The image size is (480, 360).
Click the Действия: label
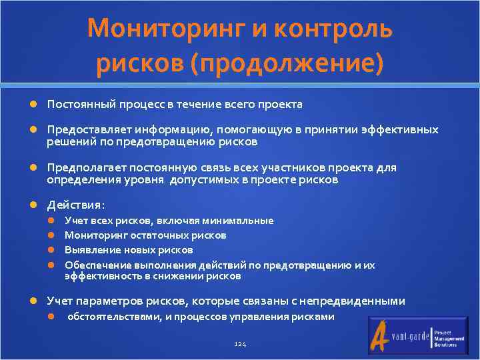coord(75,205)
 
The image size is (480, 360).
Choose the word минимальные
coord(240,221)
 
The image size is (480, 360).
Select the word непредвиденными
coord(356,301)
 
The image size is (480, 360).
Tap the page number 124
coord(240,343)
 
